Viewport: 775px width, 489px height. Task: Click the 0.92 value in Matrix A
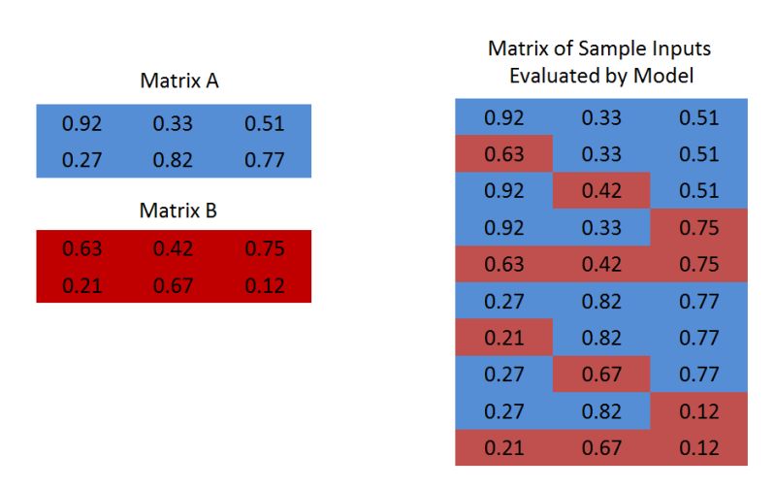(81, 123)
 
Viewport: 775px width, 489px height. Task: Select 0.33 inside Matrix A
(173, 123)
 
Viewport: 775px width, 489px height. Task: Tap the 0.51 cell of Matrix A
(265, 123)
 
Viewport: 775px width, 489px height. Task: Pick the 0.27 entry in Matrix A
(81, 160)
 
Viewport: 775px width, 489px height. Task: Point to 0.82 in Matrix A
(173, 160)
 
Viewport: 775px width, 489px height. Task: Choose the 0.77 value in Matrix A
(265, 160)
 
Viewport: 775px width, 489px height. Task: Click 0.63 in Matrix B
(81, 248)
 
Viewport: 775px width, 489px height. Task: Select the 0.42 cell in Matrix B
(173, 248)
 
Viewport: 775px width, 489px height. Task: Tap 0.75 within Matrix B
(265, 248)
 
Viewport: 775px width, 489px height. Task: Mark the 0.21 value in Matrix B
(81, 285)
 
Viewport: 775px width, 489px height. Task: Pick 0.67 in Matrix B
(173, 285)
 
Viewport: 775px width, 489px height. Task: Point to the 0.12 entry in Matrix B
(265, 285)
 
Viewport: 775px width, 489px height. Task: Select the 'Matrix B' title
(179, 209)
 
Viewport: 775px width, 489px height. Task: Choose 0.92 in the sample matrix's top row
(503, 118)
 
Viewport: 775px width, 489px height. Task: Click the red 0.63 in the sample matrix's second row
(503, 154)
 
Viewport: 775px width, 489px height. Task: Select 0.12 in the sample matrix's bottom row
(699, 447)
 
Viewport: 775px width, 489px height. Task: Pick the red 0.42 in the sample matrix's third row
(601, 191)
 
